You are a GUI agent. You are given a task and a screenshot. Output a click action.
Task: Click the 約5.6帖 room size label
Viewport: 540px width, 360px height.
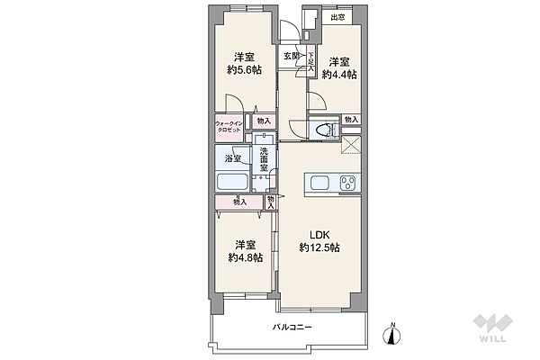pyautogui.click(x=245, y=70)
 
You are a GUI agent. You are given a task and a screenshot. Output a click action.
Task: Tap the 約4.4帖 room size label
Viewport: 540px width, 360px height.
pyautogui.click(x=339, y=75)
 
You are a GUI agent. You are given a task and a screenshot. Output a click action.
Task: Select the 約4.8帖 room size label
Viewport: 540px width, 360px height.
pyautogui.click(x=246, y=257)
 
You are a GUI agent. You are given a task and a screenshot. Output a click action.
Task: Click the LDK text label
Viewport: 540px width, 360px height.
pyautogui.click(x=319, y=235)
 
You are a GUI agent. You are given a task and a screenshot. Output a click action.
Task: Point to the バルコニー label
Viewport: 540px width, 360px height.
pyautogui.click(x=292, y=327)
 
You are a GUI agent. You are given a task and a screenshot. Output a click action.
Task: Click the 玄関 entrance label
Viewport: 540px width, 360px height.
pyautogui.click(x=292, y=56)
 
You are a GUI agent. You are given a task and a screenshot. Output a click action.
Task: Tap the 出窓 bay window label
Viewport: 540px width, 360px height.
pyautogui.click(x=337, y=17)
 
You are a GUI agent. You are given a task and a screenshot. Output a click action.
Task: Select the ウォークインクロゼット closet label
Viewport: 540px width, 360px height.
pyautogui.click(x=229, y=127)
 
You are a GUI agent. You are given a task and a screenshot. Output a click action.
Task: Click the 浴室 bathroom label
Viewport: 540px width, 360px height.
pyautogui.click(x=233, y=158)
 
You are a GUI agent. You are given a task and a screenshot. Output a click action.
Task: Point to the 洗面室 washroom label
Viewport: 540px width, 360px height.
pyautogui.click(x=264, y=159)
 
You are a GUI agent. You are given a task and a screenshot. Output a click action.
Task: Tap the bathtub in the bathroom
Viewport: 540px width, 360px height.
pyautogui.click(x=232, y=181)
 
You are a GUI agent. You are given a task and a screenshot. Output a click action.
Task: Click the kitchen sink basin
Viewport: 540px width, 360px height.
pyautogui.click(x=319, y=183)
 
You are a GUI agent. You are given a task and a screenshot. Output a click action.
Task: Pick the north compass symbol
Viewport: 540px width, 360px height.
pyautogui.click(x=391, y=334)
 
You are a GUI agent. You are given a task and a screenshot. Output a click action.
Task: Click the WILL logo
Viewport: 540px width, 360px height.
pyautogui.click(x=493, y=328)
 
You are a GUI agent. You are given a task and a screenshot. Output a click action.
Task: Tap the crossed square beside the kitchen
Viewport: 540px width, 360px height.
pyautogui.click(x=351, y=145)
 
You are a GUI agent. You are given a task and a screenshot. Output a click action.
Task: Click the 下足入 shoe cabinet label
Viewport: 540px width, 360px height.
pyautogui.click(x=311, y=63)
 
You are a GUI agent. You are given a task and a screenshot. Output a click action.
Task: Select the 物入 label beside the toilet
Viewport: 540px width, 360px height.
pyautogui.click(x=352, y=120)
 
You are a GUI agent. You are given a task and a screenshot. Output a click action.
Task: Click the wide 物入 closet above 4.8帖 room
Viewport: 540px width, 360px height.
pyautogui.click(x=239, y=202)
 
